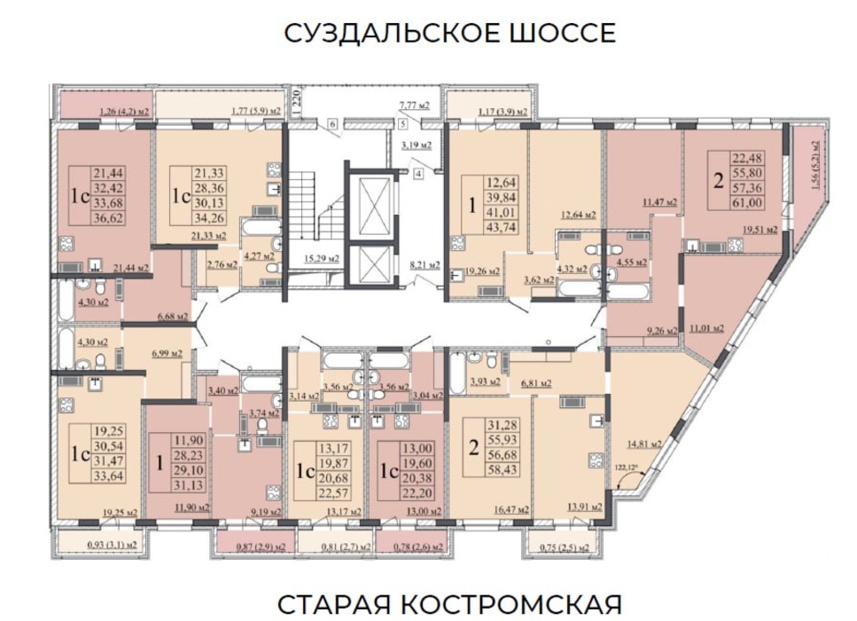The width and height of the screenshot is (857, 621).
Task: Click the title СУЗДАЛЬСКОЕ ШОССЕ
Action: [449, 34]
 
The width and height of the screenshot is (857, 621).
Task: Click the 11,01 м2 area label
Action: [705, 326]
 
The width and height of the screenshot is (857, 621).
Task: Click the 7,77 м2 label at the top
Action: [414, 105]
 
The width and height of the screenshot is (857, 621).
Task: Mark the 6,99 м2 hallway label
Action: [168, 353]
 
